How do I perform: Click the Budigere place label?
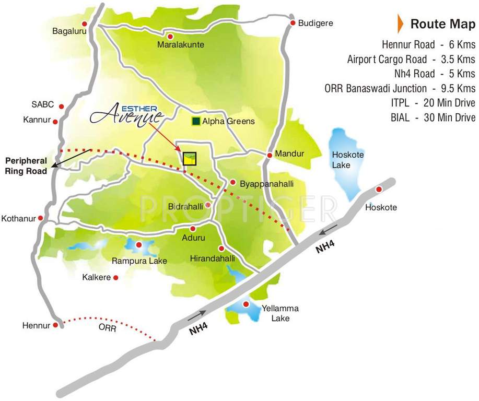click(316, 23)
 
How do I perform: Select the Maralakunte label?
click(181, 45)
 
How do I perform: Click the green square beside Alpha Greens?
click(196, 121)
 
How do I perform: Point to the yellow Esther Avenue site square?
click(189, 159)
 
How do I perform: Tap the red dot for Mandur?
click(270, 155)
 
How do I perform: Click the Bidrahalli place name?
click(185, 207)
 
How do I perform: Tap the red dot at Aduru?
click(193, 229)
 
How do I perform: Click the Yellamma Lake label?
click(276, 313)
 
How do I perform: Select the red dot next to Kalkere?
click(116, 278)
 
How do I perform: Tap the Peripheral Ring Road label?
click(26, 166)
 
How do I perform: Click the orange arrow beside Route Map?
click(400, 23)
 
